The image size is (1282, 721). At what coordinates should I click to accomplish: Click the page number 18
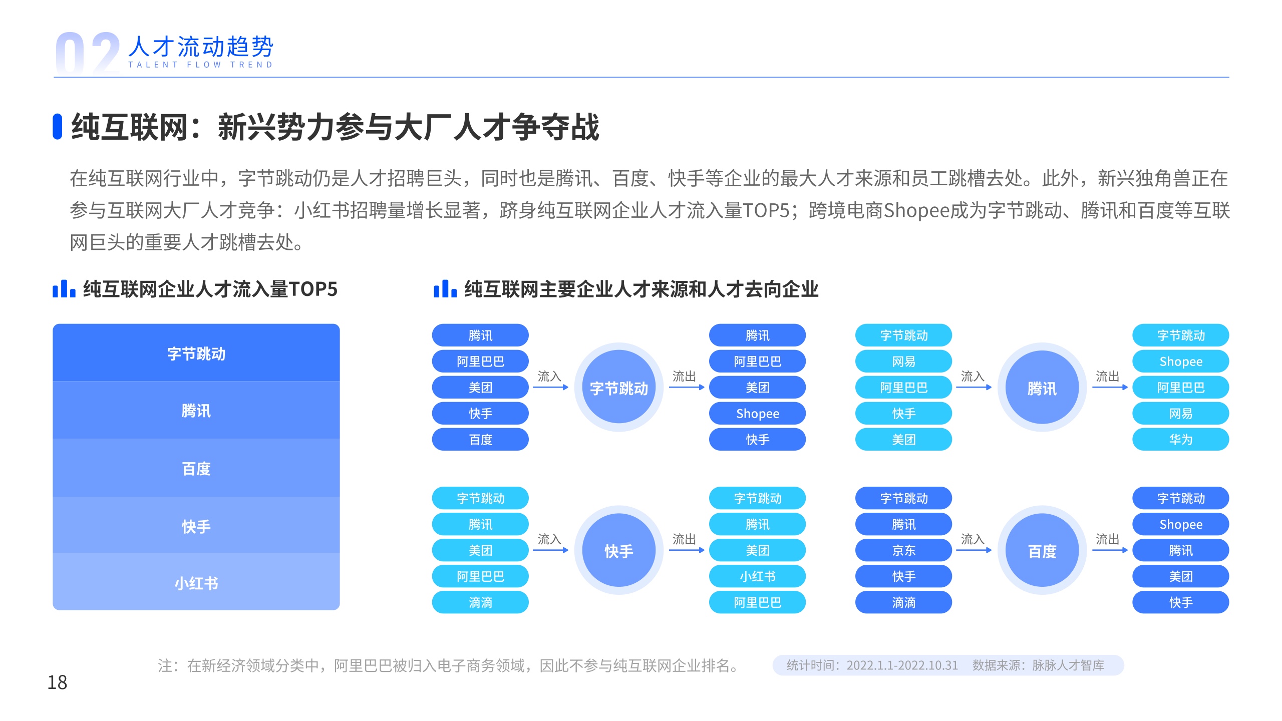point(57,682)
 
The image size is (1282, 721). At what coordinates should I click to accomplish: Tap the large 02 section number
point(88,53)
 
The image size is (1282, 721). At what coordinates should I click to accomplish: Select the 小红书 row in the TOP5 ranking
point(196,582)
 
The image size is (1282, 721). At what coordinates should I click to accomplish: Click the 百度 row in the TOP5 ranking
point(196,468)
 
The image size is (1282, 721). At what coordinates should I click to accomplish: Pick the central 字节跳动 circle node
point(619,388)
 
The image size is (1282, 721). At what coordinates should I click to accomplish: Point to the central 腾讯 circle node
point(1042,388)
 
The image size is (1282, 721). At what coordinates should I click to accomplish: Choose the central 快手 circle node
point(619,550)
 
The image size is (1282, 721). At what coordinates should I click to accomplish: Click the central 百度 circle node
point(1042,550)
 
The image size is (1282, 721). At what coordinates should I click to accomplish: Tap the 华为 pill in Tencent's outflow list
point(1181,440)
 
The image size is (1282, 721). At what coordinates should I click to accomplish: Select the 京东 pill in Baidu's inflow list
point(903,550)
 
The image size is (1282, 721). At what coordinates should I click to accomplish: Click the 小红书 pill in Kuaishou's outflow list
point(757,576)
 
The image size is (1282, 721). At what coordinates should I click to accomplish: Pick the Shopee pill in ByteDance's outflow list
point(757,414)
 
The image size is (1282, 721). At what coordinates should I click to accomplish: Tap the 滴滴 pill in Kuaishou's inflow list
point(480,602)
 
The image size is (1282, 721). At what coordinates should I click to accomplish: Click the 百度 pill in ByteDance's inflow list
point(480,440)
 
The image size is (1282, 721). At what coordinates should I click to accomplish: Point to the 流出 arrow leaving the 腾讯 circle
point(1110,387)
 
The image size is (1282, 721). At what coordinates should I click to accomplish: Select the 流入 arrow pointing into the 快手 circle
point(550,550)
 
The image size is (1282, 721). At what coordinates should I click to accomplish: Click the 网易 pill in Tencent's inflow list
point(903,362)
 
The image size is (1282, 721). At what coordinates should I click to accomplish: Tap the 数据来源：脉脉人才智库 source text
point(1038,665)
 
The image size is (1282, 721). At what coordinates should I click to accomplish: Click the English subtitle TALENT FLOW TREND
point(200,65)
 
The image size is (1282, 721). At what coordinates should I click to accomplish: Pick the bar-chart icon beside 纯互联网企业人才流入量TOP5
point(64,289)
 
